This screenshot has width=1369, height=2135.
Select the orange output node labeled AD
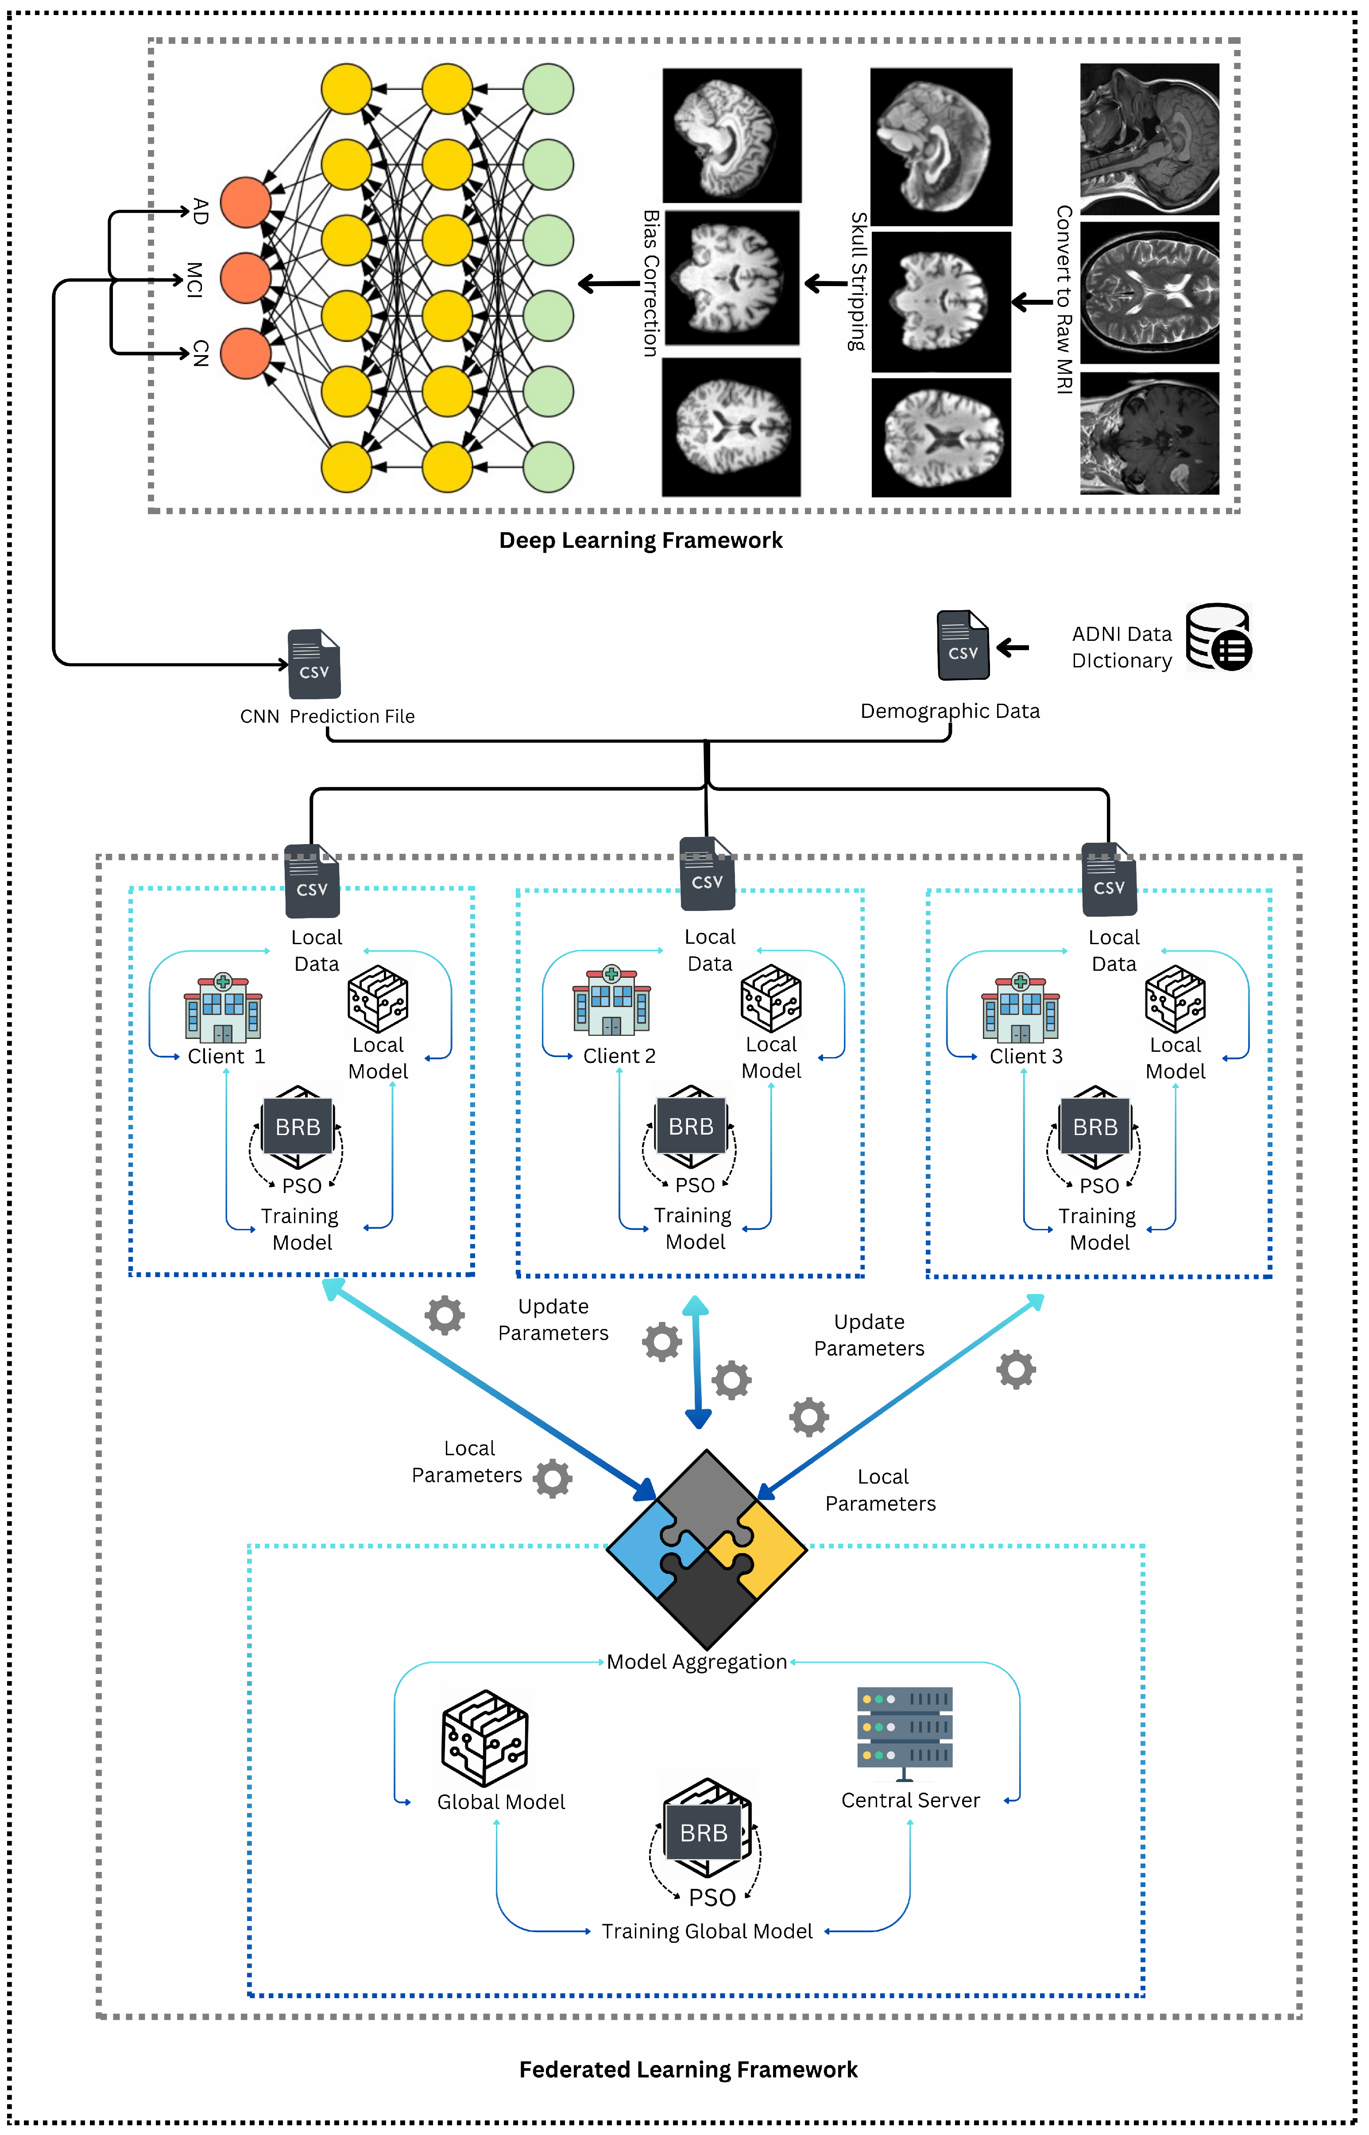click(x=245, y=203)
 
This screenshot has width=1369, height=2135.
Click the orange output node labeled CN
click(x=245, y=353)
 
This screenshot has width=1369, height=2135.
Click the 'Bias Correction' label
click(x=651, y=283)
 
